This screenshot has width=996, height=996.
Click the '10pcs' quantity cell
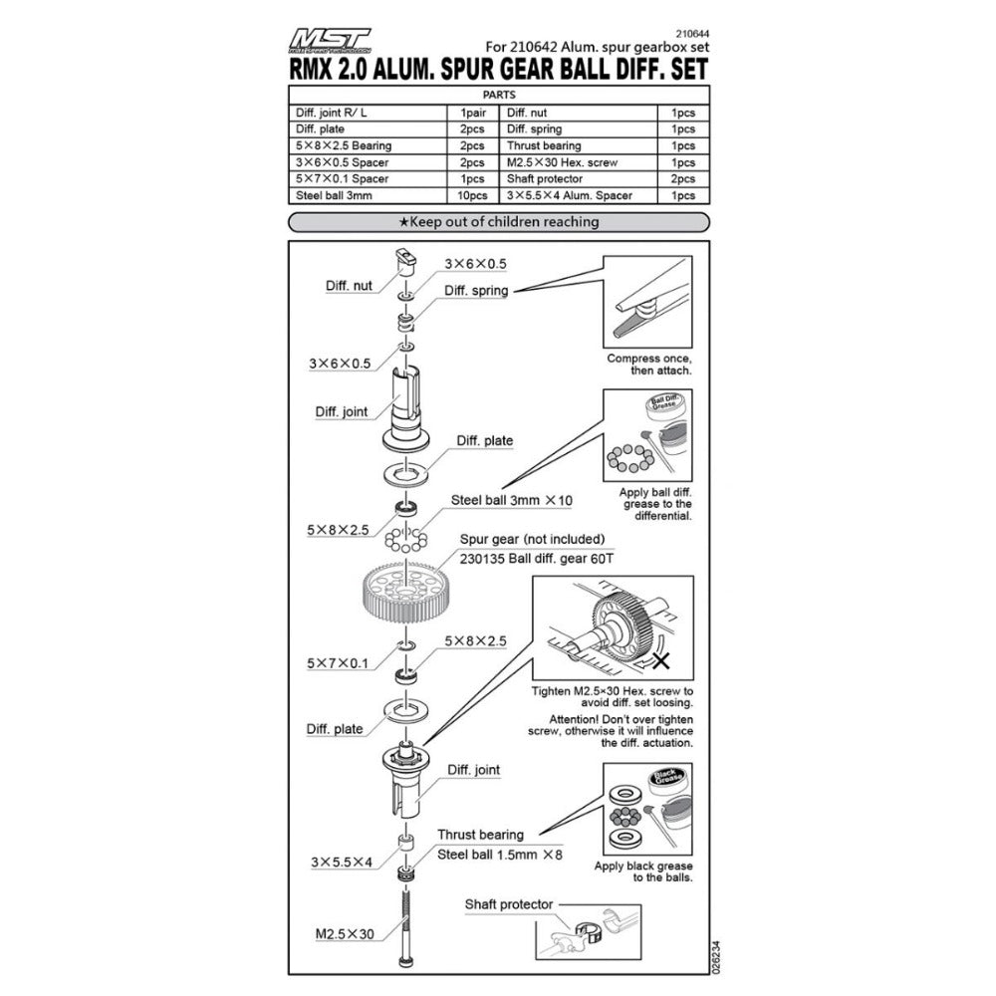point(473,195)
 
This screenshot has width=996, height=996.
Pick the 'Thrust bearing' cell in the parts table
point(542,145)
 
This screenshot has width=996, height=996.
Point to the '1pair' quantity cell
point(473,113)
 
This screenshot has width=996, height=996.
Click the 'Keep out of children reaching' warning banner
point(497,221)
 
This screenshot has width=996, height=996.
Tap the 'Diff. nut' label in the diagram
point(349,285)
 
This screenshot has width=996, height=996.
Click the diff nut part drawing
point(406,263)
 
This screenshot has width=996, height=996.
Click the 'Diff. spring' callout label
point(476,292)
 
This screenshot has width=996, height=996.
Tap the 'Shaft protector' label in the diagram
point(508,904)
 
